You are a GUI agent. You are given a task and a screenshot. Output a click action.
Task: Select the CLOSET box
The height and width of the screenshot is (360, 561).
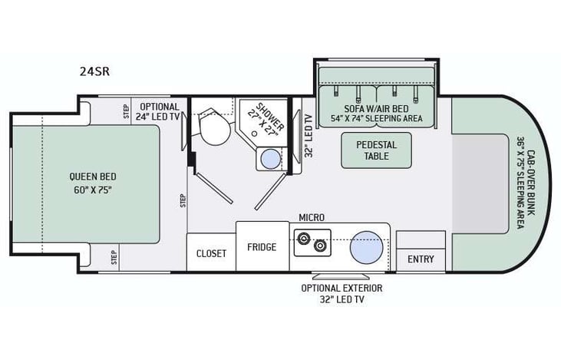[211, 253]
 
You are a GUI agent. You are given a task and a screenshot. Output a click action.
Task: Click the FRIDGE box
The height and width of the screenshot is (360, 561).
[262, 247]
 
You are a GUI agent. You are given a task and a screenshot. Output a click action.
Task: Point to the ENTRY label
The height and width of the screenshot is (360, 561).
[421, 259]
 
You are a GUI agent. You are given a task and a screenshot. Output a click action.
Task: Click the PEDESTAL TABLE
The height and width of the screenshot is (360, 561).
[376, 150]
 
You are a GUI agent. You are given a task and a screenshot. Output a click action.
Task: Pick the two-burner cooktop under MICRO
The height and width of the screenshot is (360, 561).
[312, 244]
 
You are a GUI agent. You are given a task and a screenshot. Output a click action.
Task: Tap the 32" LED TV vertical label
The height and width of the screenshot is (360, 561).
[309, 135]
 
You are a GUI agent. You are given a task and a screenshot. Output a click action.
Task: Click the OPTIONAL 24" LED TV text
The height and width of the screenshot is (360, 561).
[159, 112]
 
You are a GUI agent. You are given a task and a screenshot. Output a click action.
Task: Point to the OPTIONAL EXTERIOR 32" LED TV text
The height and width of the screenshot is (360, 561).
[342, 293]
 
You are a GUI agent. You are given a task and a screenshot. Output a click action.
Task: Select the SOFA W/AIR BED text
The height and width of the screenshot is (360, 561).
[375, 107]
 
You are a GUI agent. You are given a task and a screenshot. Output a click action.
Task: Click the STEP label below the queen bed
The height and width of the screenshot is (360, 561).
[114, 257]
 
